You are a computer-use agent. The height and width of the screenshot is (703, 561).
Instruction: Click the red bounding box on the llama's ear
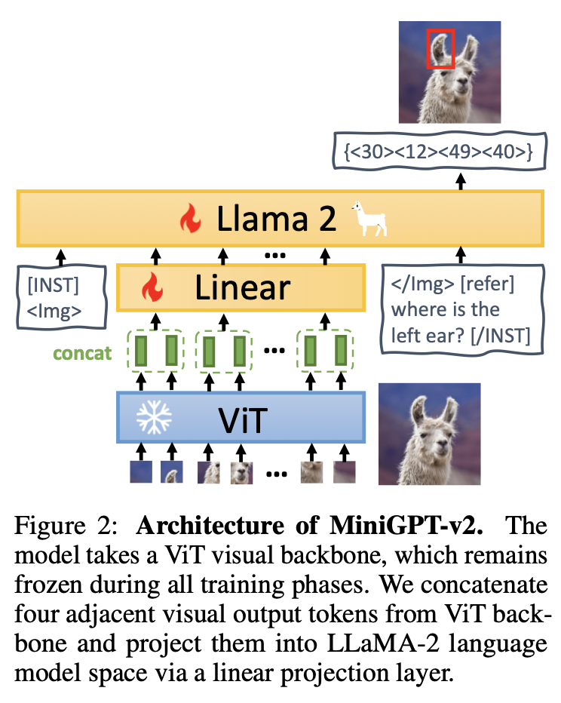440,48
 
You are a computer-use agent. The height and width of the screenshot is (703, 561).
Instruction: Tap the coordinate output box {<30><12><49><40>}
438,151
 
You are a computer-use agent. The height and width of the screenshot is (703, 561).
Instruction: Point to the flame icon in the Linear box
152,287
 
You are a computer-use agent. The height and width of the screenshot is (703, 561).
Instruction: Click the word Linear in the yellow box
242,287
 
